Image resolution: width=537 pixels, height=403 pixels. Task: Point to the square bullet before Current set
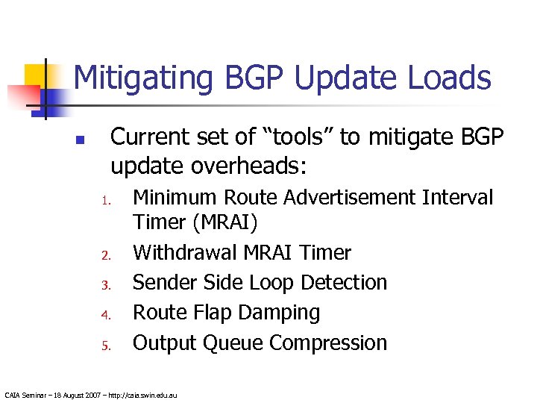pyautogui.click(x=81, y=140)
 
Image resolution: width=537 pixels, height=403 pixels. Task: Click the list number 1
pyautogui.click(x=107, y=201)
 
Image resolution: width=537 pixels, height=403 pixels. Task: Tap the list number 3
pyautogui.click(x=106, y=284)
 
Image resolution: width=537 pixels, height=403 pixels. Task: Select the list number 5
pyautogui.click(x=106, y=345)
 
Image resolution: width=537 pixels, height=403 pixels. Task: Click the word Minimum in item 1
pyautogui.click(x=172, y=198)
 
